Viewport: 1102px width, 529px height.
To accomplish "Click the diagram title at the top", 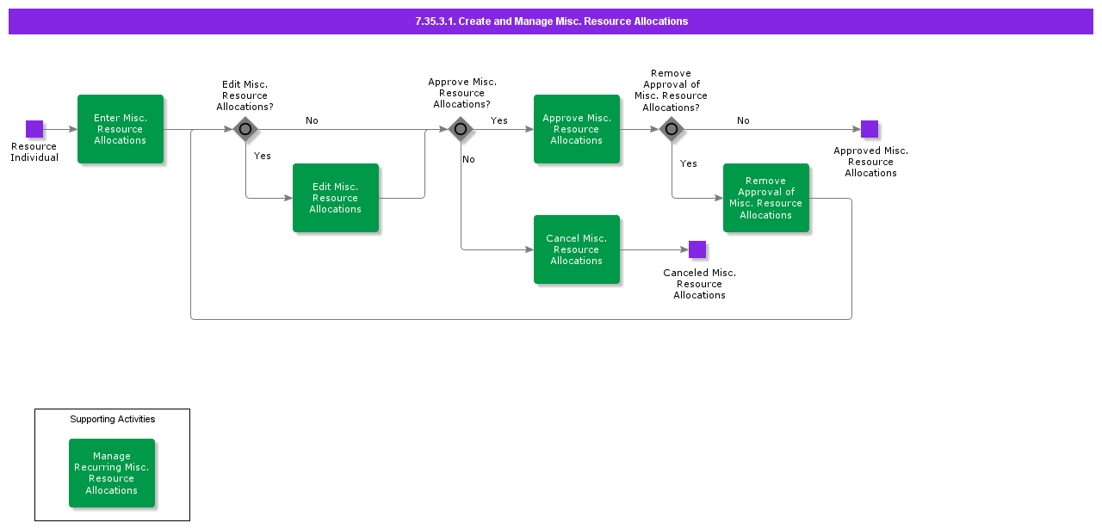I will point(551,22).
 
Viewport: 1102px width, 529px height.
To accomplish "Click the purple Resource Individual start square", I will point(34,129).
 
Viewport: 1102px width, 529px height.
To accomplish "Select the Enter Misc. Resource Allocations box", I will point(121,129).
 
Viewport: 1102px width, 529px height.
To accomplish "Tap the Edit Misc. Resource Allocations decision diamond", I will point(245,129).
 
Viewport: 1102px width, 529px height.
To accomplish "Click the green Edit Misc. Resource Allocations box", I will point(336,198).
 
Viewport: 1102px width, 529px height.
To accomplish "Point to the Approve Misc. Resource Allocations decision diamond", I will point(461,129).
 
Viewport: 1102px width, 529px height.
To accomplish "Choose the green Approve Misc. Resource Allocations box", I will point(577,129).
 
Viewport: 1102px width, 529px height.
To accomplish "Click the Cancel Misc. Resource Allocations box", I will point(577,249).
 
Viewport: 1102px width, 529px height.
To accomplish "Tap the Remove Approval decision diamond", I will point(672,129).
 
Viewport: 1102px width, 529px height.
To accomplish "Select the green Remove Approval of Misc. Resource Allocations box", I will point(766,198).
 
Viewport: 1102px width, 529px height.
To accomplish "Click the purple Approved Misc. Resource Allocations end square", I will point(870,129).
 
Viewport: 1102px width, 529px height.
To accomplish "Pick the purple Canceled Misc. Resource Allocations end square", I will point(697,249).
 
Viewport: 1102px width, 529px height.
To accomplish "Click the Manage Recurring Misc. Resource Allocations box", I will point(112,473).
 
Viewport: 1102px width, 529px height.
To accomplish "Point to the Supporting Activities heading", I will point(113,419).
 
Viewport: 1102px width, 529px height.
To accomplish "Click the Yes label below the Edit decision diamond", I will point(263,156).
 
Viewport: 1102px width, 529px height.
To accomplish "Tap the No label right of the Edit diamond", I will point(312,120).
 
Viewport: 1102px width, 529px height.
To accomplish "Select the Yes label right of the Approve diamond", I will point(499,120).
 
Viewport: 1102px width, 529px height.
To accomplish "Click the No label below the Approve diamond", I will point(468,159).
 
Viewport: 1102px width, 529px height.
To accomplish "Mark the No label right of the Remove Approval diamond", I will point(743,120).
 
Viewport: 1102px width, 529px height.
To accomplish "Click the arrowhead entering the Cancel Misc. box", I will point(529,249).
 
